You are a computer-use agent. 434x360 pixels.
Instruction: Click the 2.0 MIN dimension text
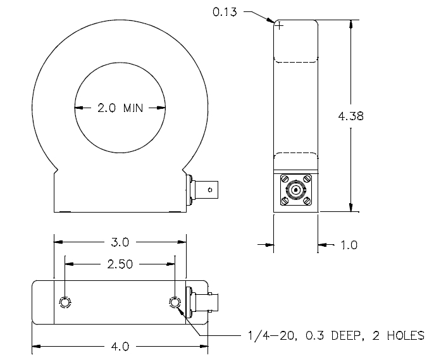point(120,108)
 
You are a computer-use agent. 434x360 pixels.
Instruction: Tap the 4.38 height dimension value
point(350,116)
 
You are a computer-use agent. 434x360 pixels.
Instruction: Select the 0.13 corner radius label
point(225,12)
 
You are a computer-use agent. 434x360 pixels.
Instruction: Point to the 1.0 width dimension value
point(349,245)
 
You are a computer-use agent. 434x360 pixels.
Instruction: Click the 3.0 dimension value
point(120,242)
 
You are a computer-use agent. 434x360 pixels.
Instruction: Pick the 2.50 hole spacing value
point(120,264)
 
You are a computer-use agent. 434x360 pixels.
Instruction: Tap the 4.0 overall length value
point(120,347)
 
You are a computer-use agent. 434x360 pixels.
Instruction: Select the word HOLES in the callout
point(406,336)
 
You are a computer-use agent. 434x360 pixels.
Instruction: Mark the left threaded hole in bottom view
point(65,302)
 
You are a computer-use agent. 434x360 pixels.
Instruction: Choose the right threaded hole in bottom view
point(175,302)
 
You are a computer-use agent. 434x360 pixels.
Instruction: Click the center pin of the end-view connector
point(295,190)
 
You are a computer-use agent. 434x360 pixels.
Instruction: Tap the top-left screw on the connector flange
point(285,179)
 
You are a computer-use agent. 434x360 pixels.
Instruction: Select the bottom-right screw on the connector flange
point(307,201)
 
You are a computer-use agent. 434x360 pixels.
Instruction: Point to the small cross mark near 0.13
point(280,26)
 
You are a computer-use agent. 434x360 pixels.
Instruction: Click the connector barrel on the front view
point(206,190)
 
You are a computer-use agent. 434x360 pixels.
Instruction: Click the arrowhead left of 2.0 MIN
point(78,108)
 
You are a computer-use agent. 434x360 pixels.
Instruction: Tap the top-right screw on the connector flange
point(307,179)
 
